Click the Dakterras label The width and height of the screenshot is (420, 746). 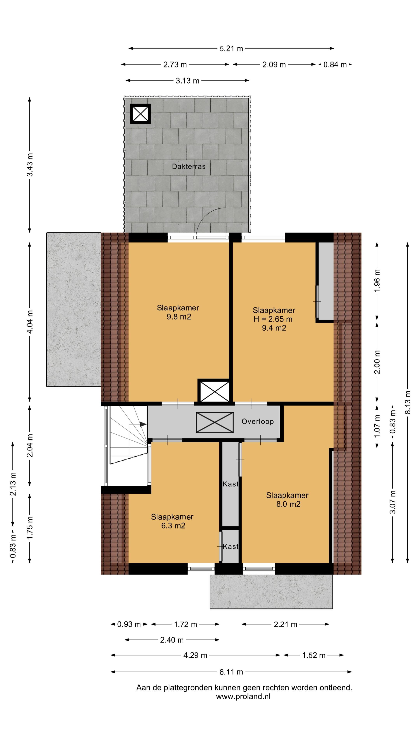(188, 166)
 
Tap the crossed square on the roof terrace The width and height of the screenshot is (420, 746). (140, 113)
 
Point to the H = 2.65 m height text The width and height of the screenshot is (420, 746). (273, 319)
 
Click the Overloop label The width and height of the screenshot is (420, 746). (258, 422)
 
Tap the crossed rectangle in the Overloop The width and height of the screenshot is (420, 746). (214, 422)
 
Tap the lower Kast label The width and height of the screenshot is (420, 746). (231, 546)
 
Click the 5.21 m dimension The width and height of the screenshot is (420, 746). (231, 48)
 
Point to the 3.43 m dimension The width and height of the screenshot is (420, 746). (30, 165)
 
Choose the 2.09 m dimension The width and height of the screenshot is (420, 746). (274, 64)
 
